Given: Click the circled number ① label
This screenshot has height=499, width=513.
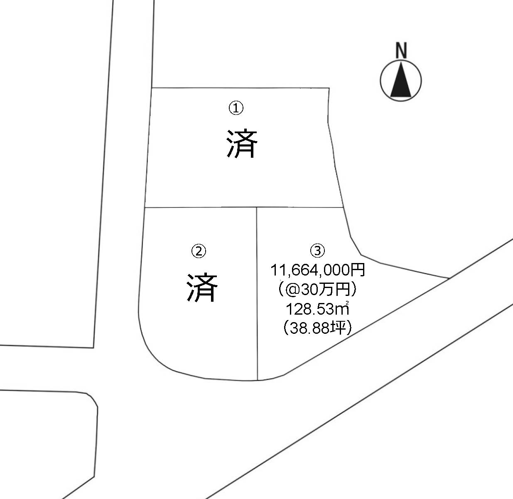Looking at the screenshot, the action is pos(236,108).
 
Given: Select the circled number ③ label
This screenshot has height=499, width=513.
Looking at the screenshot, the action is pos(317,250).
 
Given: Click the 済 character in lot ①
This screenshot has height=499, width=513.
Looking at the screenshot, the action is pos(242,144).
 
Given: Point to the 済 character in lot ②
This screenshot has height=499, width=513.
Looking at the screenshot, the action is pos(202,288).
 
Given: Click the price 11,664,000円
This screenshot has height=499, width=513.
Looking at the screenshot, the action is pos(318,270).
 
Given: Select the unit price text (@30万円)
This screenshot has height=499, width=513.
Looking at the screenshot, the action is pos(317,290).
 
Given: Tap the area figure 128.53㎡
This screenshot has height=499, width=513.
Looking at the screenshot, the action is pos(318,309).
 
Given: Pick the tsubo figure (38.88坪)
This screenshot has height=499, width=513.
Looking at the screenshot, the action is pos(317,328).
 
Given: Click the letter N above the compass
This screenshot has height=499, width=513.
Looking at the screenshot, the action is pos(401,50).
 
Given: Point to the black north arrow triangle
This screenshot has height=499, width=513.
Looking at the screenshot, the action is pos(401,79).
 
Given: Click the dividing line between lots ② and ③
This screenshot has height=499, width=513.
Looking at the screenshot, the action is pos(257,294).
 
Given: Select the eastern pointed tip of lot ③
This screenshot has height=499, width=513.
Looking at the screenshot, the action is pos(449,278).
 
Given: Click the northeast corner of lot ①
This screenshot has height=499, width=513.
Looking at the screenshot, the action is pos(329,88).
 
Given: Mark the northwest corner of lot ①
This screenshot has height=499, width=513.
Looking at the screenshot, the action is pos(152,88).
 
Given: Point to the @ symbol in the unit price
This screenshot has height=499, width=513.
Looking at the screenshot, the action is pos(293,290).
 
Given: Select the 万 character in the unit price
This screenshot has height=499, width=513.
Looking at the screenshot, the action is pos(328,290).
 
